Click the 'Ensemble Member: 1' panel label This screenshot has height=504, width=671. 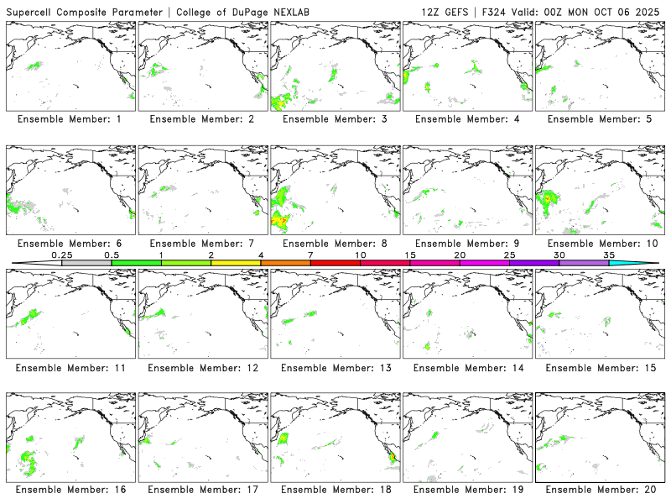coord(70,119)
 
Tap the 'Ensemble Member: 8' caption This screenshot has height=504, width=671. coord(335,244)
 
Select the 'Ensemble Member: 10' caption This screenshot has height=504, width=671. coord(599,244)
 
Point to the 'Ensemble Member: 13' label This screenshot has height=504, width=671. coord(335,367)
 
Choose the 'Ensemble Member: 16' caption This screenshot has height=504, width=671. coord(70,489)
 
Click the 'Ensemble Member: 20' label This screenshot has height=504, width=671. coord(599,489)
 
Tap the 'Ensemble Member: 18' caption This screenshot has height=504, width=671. coord(335,489)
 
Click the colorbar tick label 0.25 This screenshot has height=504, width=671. coord(61,255)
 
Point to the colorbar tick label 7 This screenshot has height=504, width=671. coord(310,255)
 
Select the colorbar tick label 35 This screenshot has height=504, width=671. coord(609,255)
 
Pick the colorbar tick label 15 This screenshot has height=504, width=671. coord(410,255)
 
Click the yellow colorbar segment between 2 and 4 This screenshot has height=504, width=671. coord(236,263)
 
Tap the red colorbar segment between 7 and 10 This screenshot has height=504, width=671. coord(335,263)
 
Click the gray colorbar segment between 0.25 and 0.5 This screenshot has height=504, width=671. coord(86,263)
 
